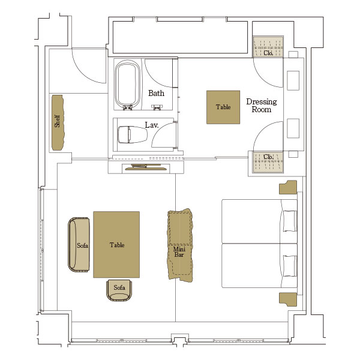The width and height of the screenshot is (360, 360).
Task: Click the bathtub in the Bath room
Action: click(x=128, y=84)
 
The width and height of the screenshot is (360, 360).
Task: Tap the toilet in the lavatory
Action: click(x=133, y=134)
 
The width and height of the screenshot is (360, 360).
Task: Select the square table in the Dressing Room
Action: click(x=223, y=107)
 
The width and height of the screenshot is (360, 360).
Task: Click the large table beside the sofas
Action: click(x=116, y=245)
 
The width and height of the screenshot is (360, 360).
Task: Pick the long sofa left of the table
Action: click(x=79, y=245)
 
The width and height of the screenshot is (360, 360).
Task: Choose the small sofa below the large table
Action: click(x=119, y=290)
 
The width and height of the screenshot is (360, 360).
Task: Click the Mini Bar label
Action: click(x=179, y=252)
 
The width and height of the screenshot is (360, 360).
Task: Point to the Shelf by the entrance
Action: click(x=58, y=122)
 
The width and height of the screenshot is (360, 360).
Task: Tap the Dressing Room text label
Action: click(x=262, y=106)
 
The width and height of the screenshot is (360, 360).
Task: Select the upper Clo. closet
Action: click(x=268, y=47)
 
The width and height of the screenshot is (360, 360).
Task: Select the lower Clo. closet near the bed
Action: click(x=268, y=162)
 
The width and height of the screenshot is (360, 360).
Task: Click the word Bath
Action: click(x=156, y=93)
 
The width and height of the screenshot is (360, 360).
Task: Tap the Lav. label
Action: click(x=152, y=125)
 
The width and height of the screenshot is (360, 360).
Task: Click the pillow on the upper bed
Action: click(x=290, y=221)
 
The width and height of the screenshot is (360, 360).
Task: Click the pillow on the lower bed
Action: click(x=290, y=266)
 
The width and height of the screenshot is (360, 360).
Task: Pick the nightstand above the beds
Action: click(x=288, y=187)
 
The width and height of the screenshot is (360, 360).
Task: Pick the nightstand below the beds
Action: click(x=288, y=299)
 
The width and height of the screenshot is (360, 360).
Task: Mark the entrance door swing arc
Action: click(x=82, y=73)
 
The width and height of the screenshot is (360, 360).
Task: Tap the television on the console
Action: click(x=146, y=167)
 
